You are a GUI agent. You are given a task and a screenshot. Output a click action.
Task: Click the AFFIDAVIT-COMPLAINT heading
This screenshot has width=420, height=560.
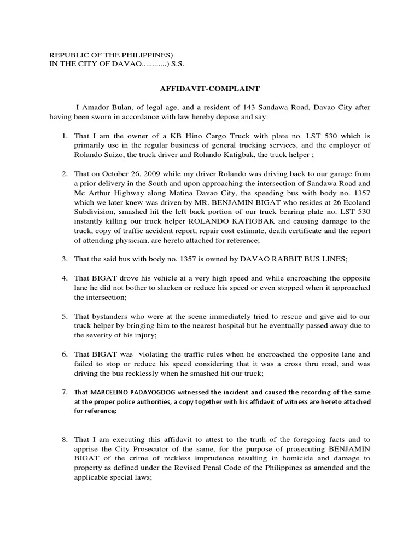209,87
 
